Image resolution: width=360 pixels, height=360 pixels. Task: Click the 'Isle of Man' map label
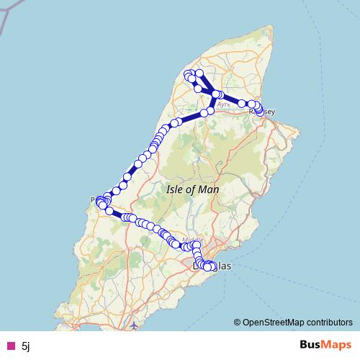[192, 189]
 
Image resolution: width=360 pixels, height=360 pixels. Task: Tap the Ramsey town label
[261, 112]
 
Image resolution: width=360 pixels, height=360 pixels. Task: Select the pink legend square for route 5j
[9, 346]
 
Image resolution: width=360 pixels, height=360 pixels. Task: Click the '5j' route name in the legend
[25, 346]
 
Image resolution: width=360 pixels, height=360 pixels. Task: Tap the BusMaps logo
[321, 346]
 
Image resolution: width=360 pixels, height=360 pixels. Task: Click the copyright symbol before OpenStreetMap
[237, 322]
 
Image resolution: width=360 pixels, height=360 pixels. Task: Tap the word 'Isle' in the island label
[174, 189]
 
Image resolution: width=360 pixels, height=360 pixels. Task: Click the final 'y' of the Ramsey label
[271, 112]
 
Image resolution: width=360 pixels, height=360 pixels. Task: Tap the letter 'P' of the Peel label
[93, 199]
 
